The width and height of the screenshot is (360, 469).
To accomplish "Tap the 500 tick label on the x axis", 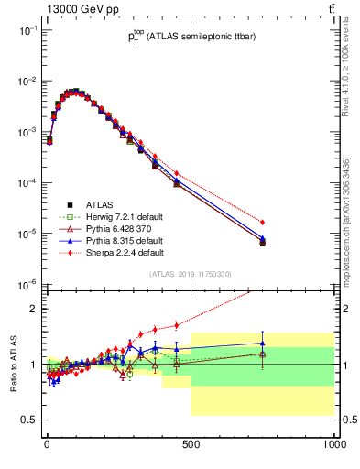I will pos(191,444).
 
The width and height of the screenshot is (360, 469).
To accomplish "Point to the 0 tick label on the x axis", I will pos(47,444).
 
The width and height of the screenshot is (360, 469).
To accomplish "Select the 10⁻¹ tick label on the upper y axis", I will pos(28,30).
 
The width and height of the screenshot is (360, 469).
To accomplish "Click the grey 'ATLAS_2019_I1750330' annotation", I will pos(189,274).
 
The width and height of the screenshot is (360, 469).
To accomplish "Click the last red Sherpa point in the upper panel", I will pos(263,223).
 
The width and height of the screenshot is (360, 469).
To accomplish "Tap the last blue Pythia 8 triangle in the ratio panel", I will pos(263,344).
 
